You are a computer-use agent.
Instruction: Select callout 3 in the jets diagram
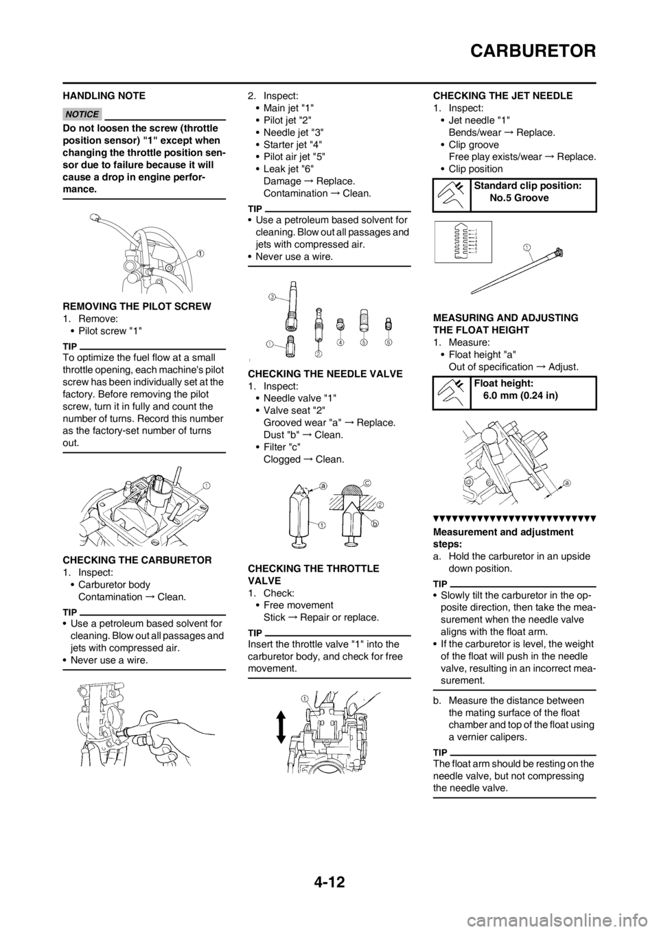click(x=271, y=297)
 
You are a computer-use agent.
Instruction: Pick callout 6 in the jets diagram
click(x=388, y=342)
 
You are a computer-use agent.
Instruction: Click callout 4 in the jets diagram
click(x=340, y=342)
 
